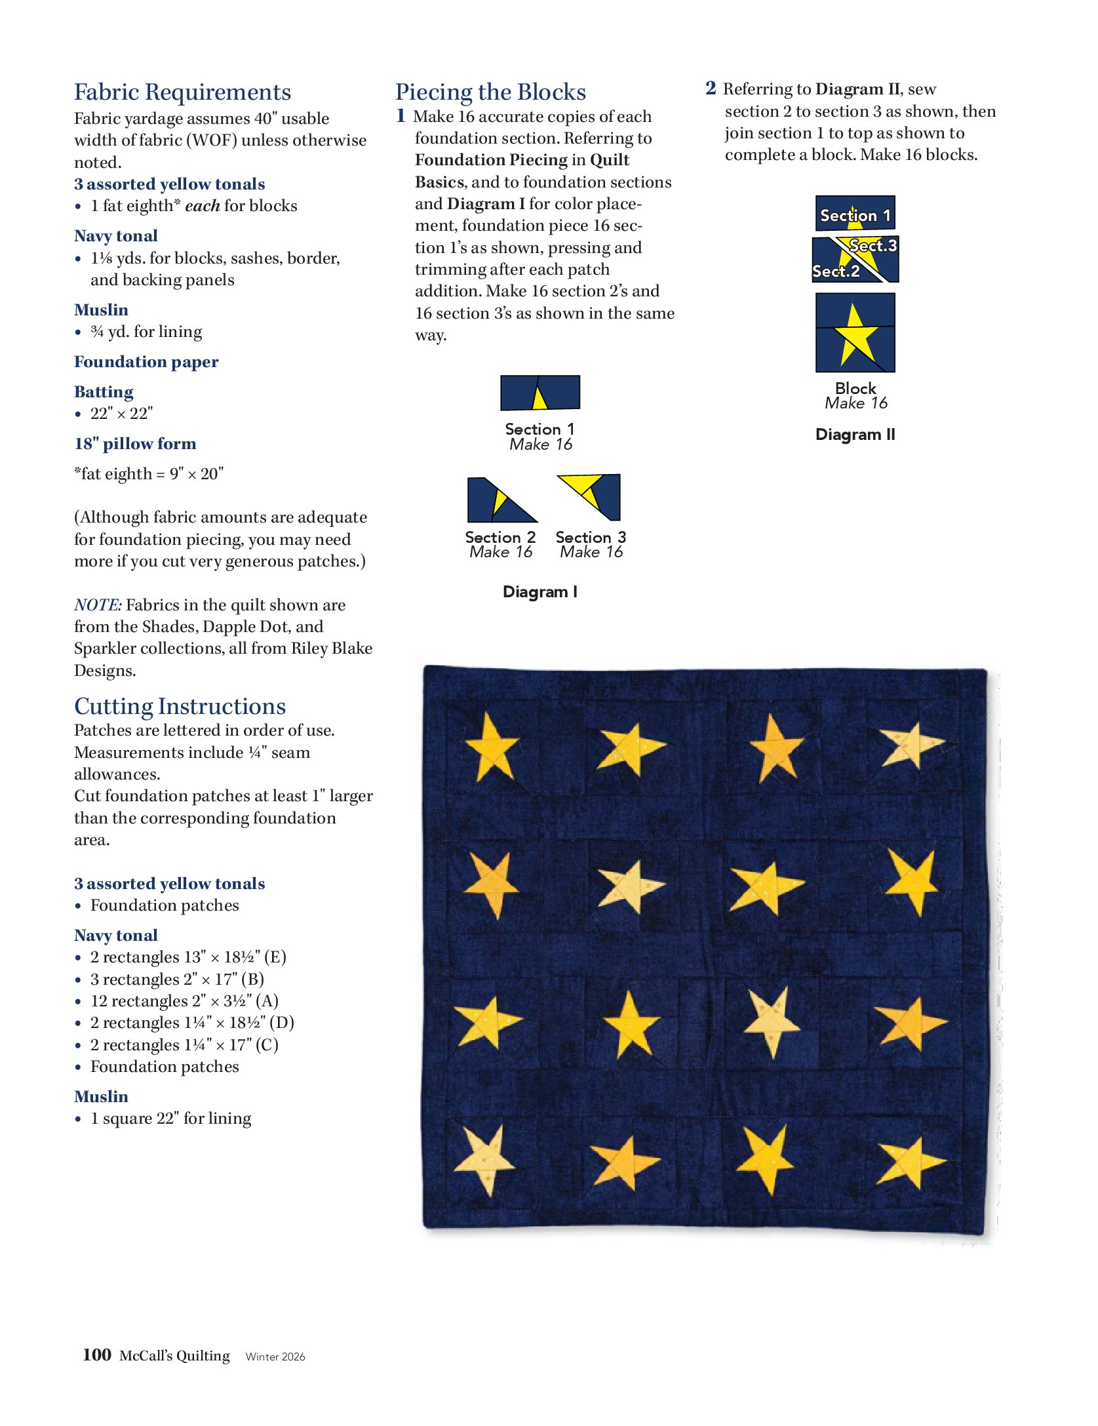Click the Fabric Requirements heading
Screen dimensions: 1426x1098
click(182, 92)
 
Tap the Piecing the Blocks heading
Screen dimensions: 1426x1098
click(490, 92)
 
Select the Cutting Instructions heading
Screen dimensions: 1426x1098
click(180, 706)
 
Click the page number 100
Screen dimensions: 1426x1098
click(97, 1355)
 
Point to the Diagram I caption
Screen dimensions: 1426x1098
click(540, 591)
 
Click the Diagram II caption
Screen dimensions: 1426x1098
click(855, 434)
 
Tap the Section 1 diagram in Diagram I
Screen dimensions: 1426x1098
click(540, 393)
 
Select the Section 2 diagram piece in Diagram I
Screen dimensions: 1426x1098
click(500, 500)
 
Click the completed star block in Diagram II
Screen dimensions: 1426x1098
click(855, 333)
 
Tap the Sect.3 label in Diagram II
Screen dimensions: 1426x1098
click(873, 246)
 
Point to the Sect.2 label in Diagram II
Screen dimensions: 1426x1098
click(836, 271)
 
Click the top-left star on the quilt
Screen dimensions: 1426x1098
click(491, 747)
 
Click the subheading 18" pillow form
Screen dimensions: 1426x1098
click(135, 444)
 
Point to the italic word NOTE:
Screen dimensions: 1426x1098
click(98, 604)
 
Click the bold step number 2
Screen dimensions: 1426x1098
click(711, 89)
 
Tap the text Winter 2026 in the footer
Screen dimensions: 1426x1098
click(275, 1357)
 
